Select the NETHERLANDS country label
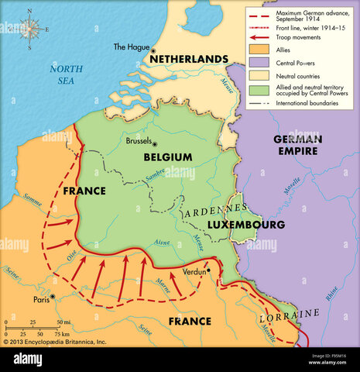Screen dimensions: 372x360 click(190, 59)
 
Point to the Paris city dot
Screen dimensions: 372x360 click(52, 296)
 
